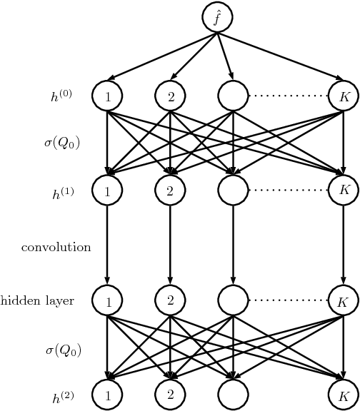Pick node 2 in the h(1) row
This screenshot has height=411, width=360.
coord(170,191)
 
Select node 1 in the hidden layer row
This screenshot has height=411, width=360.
coord(107,301)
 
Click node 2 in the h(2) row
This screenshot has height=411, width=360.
coord(170,394)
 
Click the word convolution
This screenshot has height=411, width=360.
coord(56,248)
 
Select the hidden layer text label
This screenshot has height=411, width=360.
coord(37,301)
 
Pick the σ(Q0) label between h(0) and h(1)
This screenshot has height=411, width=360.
coord(61,143)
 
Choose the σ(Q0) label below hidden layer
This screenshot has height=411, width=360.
coord(61,350)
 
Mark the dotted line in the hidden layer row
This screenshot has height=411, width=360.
coord(288,301)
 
